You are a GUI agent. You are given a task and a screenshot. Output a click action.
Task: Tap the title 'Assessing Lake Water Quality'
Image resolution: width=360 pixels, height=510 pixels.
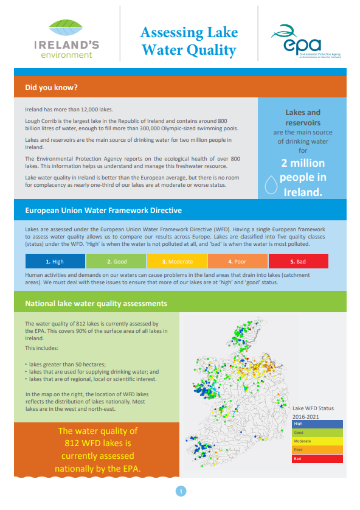pyautogui.click(x=189, y=41)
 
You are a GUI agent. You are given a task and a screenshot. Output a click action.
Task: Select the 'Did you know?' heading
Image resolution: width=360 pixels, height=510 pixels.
pyautogui.click(x=52, y=87)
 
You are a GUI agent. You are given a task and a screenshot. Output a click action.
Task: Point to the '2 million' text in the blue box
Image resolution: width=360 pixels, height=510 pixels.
pyautogui.click(x=302, y=163)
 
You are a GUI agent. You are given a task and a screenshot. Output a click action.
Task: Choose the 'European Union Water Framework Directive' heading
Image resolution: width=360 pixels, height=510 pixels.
pyautogui.click(x=103, y=211)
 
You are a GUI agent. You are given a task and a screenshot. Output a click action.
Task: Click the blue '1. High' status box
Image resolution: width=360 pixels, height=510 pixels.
pyautogui.click(x=55, y=261)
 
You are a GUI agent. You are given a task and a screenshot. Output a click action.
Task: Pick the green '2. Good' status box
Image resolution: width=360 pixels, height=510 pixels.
pyautogui.click(x=116, y=261)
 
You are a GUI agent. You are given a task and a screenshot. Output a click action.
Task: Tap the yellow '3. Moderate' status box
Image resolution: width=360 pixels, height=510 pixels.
pyautogui.click(x=176, y=261)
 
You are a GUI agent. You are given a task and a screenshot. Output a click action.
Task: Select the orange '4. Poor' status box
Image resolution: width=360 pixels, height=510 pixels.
pyautogui.click(x=237, y=261)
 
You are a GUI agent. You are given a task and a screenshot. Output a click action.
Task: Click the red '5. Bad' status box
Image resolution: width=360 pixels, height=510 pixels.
pyautogui.click(x=298, y=261)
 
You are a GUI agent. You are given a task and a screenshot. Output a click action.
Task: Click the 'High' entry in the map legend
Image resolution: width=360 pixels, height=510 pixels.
pyautogui.click(x=317, y=423)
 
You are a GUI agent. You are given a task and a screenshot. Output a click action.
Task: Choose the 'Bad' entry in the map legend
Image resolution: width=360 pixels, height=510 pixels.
pyautogui.click(x=317, y=458)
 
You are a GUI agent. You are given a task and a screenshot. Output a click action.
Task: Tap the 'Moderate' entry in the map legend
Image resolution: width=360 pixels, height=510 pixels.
pyautogui.click(x=317, y=441)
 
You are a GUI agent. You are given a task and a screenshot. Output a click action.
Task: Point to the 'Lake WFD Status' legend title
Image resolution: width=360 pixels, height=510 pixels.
pyautogui.click(x=313, y=408)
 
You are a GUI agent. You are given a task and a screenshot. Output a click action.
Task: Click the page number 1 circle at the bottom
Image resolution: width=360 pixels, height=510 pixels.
pyautogui.click(x=180, y=491)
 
